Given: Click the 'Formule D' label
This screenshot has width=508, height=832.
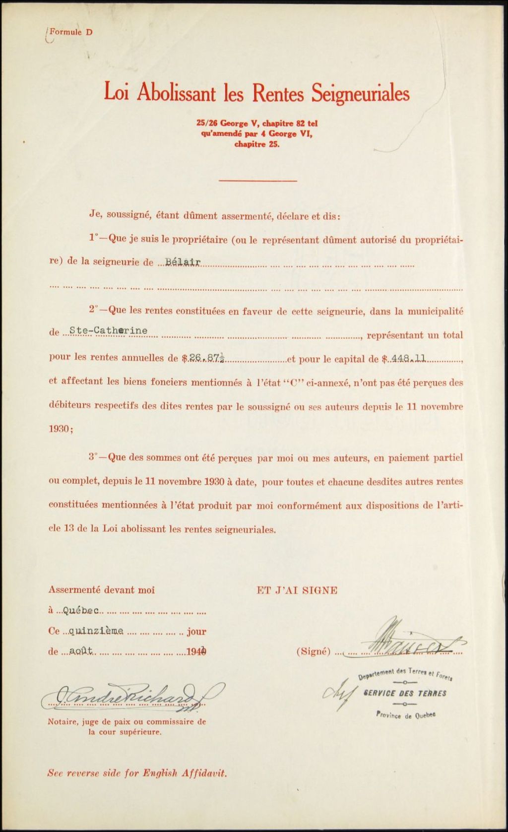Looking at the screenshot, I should click(71, 32).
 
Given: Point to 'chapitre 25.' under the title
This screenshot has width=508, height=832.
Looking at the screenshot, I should click(257, 145).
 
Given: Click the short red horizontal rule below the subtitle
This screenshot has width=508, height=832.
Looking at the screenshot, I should click(257, 181).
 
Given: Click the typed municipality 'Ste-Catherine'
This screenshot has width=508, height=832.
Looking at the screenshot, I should click(108, 330).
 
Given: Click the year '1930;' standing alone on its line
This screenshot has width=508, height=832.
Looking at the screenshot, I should click(61, 430).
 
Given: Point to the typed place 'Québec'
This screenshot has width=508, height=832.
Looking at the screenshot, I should click(81, 610).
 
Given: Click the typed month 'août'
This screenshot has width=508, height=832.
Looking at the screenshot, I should click(81, 652).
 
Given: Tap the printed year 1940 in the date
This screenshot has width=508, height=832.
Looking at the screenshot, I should click(196, 652).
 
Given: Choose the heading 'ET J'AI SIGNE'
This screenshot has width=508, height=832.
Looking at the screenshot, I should click(297, 590).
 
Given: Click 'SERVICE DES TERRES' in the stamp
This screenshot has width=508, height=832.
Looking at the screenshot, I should click(405, 693).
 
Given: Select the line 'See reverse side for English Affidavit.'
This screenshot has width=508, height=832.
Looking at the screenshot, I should click(137, 773).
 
